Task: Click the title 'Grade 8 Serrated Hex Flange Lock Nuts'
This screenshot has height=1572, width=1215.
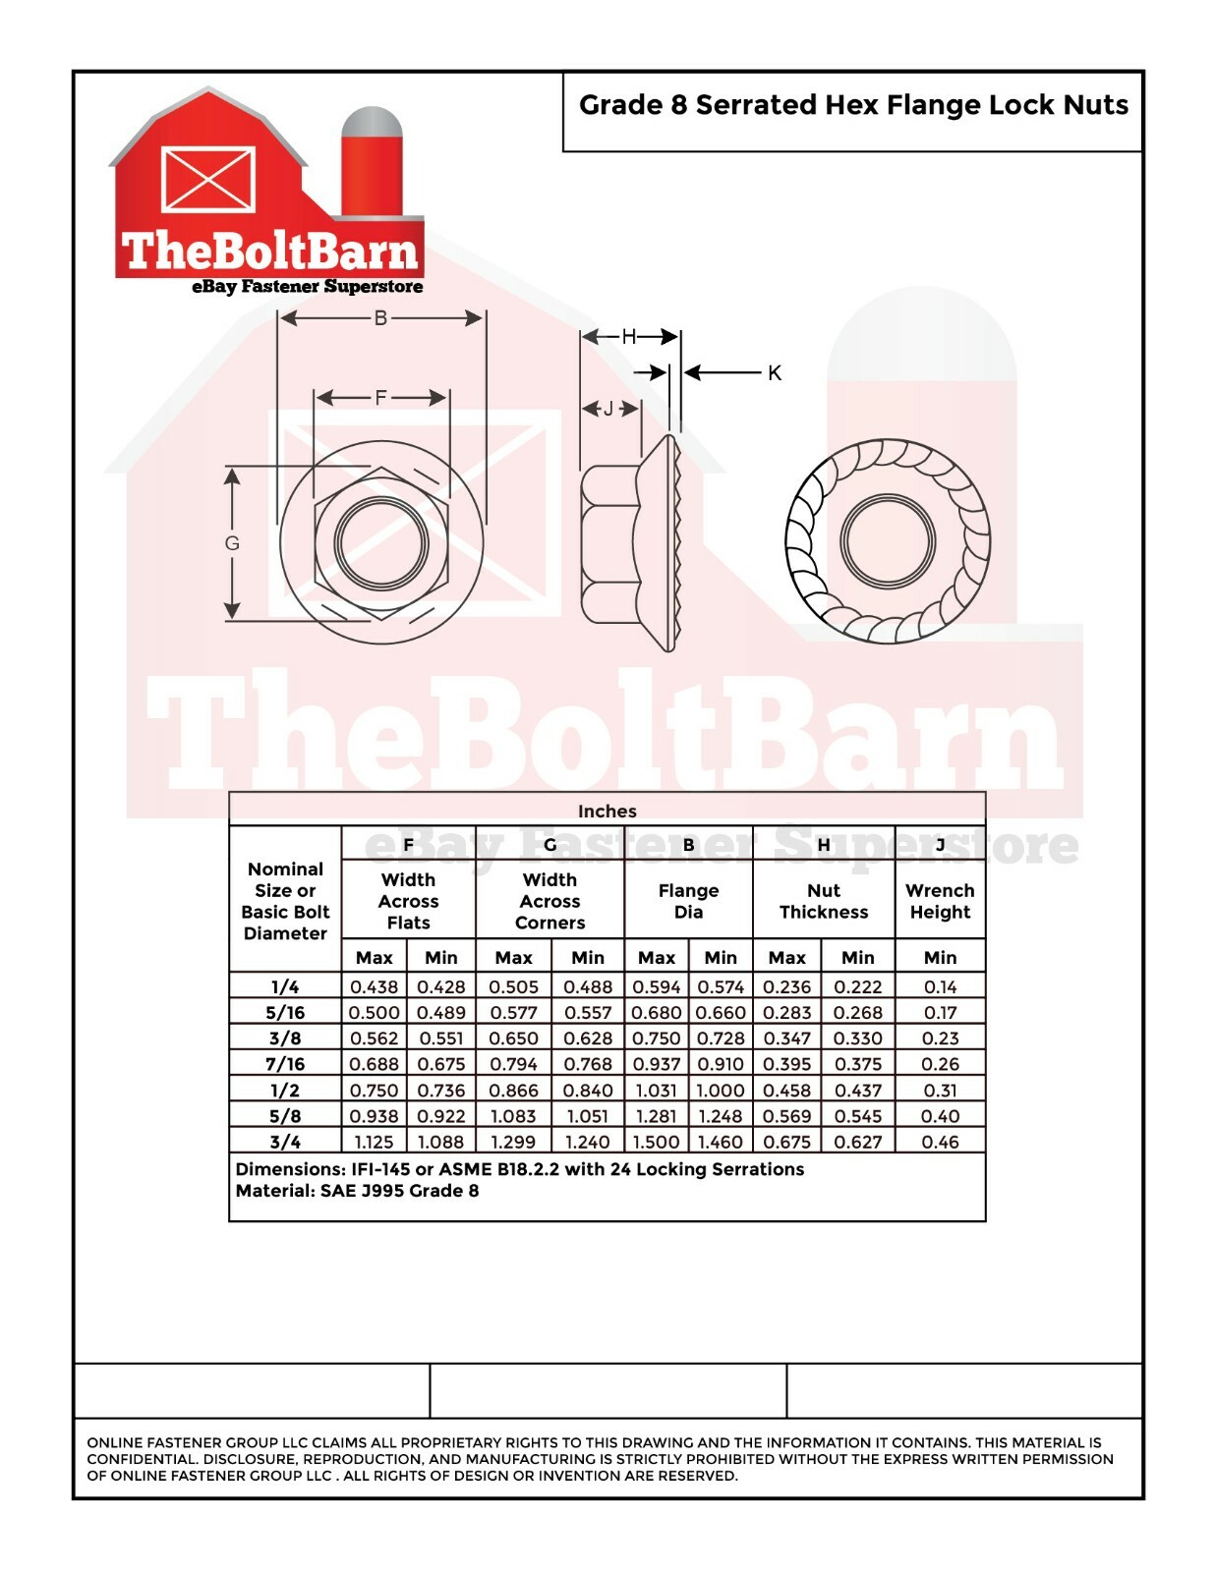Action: point(852,105)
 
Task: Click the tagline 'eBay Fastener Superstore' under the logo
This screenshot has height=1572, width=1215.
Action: point(307,287)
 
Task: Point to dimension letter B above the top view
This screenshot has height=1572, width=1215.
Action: point(380,318)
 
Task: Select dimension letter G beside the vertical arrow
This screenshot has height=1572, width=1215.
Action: point(232,543)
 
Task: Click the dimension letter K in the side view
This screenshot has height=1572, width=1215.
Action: point(775,373)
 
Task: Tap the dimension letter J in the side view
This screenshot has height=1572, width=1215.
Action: point(607,409)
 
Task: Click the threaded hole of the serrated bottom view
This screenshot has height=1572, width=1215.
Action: point(887,541)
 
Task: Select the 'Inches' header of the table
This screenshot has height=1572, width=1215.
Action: point(607,812)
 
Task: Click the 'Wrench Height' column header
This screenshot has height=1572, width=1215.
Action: point(939,901)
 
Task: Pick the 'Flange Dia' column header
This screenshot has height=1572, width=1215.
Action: point(688,901)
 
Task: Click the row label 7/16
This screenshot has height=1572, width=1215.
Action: point(285,1064)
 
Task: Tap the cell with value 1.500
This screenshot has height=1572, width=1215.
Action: point(656,1142)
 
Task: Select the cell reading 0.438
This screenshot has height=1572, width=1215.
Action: point(374,986)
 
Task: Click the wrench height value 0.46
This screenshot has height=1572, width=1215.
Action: point(939,1142)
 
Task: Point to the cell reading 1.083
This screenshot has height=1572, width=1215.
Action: point(513,1116)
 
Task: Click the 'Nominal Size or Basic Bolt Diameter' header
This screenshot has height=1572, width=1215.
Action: point(285,901)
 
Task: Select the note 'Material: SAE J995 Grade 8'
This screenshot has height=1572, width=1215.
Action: point(357,1191)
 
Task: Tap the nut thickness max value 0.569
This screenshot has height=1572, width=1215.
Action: point(786,1116)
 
